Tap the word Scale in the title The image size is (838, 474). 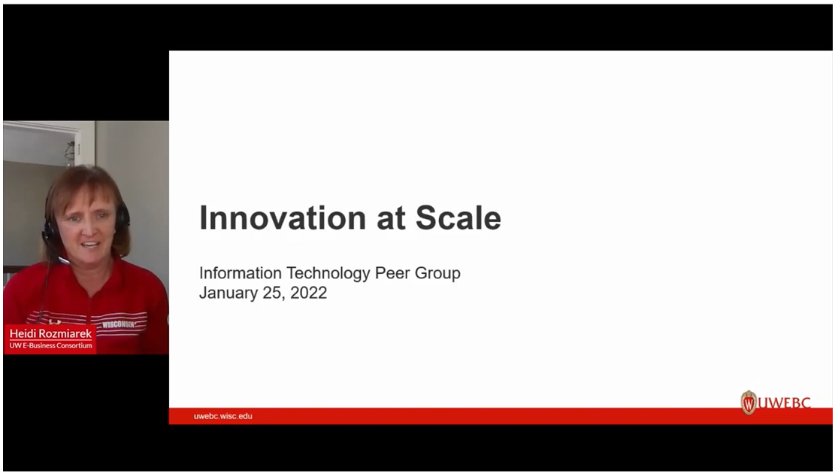458,218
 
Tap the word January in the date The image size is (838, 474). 228,293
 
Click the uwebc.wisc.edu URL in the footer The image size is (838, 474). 223,416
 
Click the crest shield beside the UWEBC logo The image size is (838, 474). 749,403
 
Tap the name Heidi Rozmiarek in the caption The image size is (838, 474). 52,333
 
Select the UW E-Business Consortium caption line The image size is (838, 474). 51,345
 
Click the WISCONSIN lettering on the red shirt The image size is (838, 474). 118,324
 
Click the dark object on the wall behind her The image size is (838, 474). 70,153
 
